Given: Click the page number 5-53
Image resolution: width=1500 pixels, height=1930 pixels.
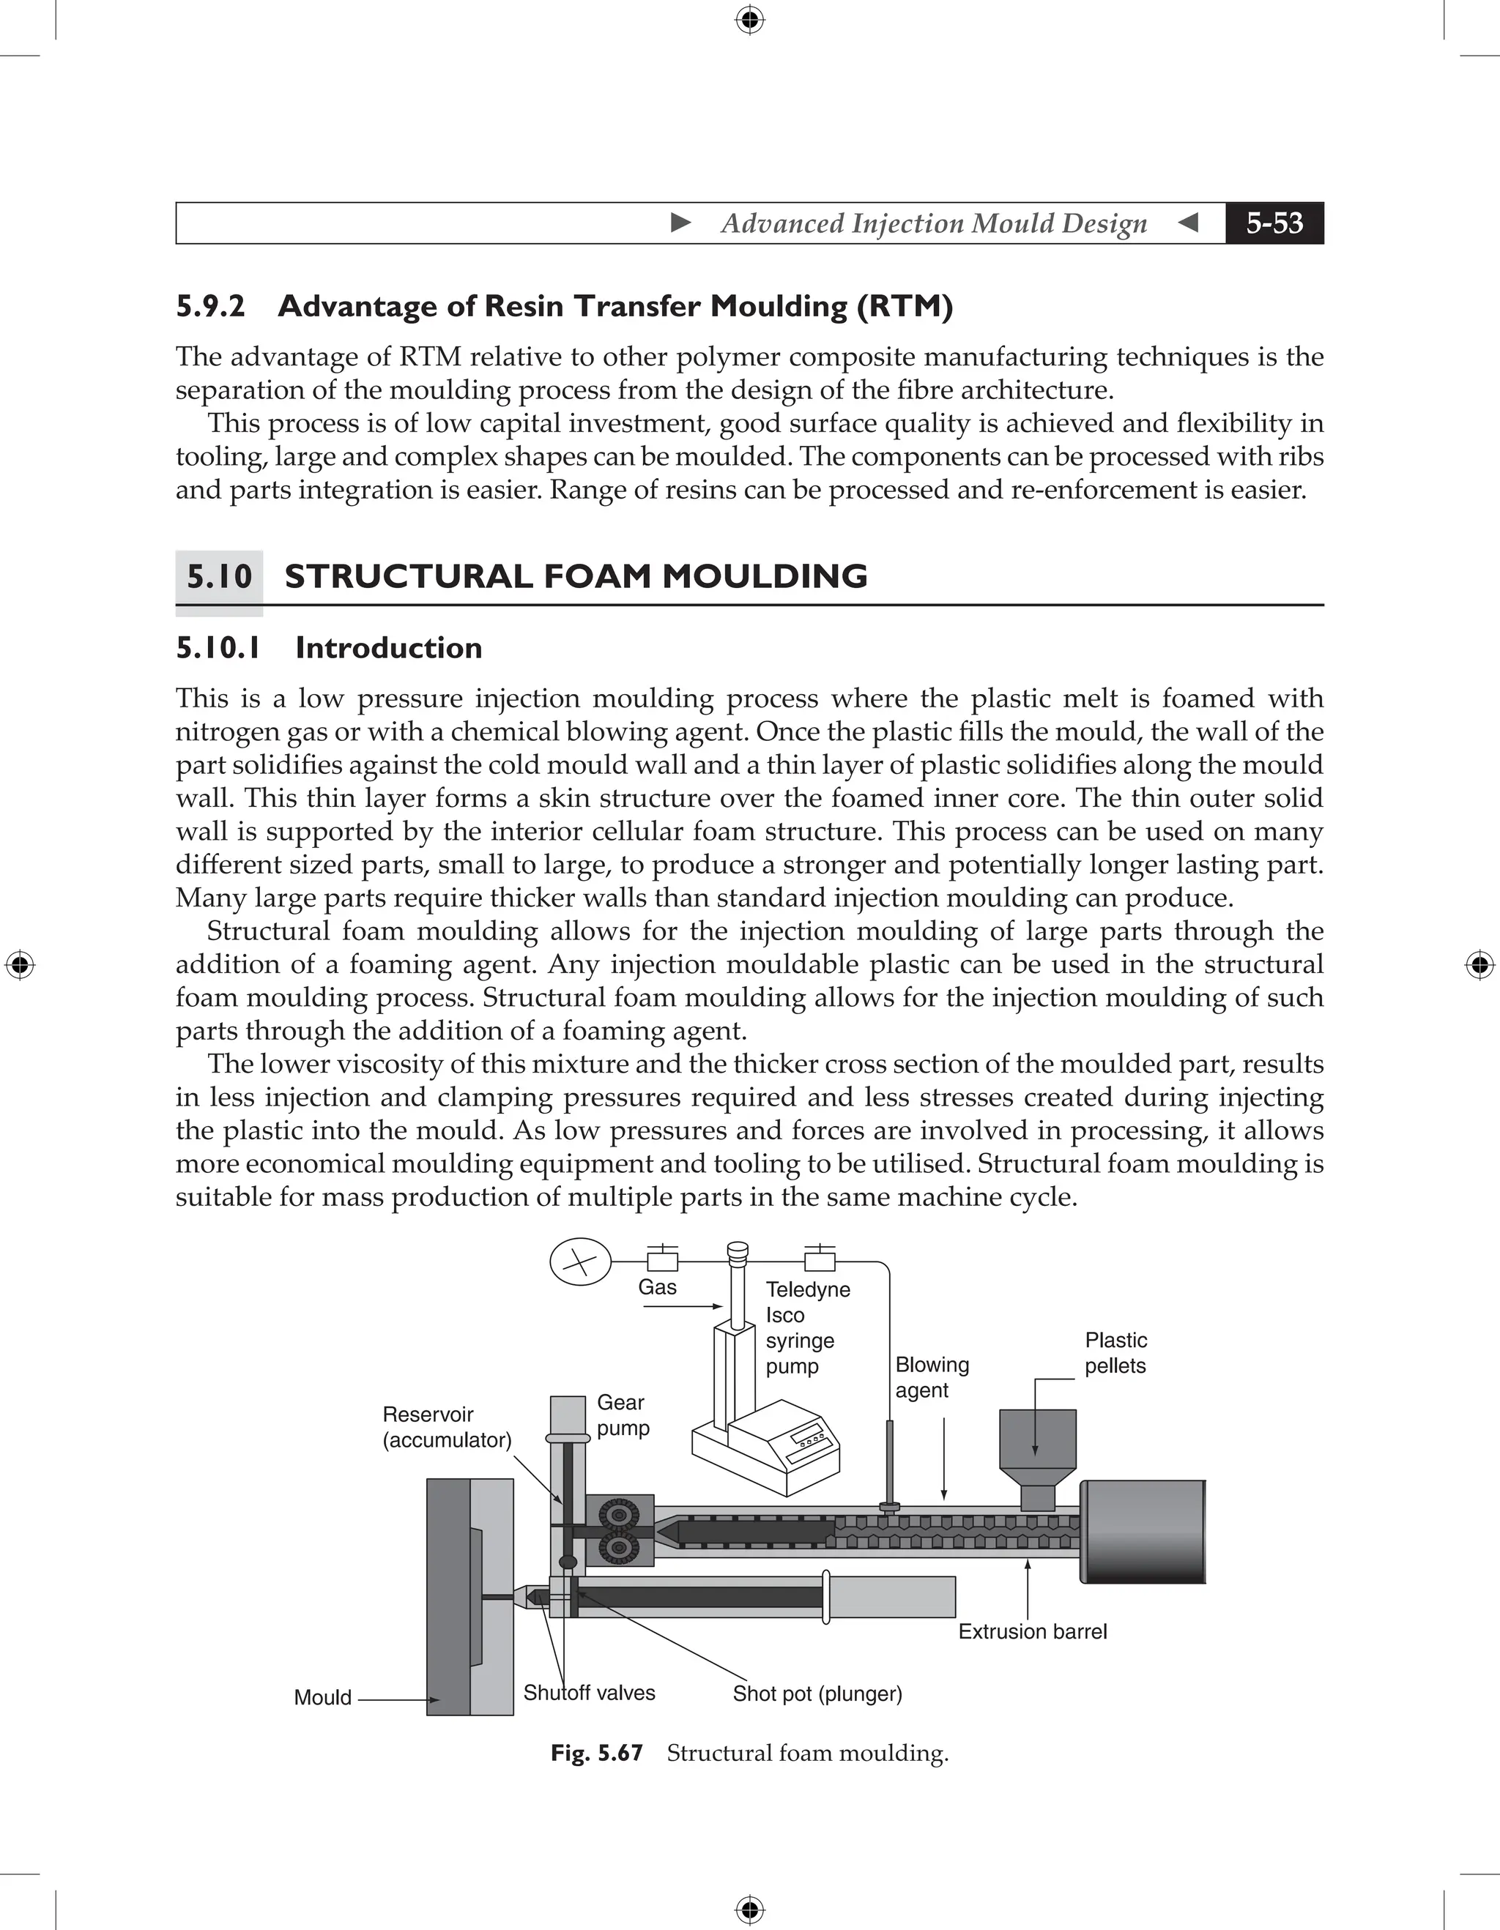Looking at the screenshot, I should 1274,223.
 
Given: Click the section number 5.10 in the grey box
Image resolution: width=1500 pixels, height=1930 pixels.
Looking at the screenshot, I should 219,577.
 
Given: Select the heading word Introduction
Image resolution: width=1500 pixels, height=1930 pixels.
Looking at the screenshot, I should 388,648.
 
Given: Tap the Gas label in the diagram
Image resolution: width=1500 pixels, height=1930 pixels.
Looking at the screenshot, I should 657,1288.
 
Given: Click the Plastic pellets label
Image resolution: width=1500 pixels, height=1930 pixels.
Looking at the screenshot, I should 1115,1353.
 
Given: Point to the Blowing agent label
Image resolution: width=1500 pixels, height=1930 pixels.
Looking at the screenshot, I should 931,1376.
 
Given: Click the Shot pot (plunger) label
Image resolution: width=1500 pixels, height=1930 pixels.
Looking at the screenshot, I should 817,1694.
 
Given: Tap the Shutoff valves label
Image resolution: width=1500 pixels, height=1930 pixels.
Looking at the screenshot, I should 589,1692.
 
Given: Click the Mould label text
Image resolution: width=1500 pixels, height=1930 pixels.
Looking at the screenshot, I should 322,1696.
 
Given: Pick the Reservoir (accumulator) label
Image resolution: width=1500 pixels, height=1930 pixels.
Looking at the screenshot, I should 446,1426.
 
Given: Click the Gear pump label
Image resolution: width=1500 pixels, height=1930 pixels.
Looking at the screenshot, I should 623,1415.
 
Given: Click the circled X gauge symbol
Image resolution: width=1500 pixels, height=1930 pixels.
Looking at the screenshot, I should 580,1262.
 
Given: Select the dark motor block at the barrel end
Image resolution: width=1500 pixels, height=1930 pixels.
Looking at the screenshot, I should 1142,1532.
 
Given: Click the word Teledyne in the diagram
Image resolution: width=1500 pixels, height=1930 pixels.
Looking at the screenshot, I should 807,1289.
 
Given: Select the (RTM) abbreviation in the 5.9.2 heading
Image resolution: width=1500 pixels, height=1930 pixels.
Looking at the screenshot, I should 905,306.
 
